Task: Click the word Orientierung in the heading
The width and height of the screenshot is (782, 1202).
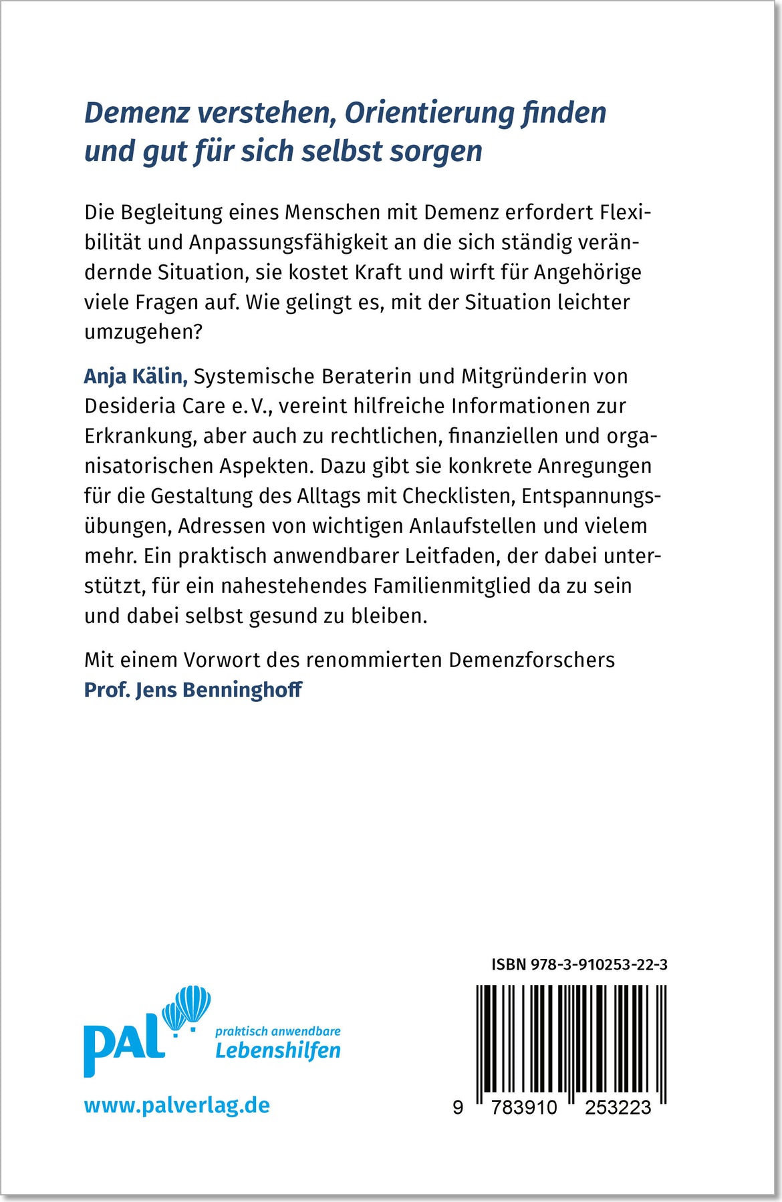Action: (428, 113)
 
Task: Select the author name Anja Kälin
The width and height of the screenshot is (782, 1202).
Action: (136, 377)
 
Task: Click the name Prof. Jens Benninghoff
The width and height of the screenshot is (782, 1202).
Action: (193, 690)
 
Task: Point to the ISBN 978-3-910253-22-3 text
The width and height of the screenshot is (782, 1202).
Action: (579, 964)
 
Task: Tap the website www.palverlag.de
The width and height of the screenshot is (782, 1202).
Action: (177, 1105)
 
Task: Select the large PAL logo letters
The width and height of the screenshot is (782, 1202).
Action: (124, 1045)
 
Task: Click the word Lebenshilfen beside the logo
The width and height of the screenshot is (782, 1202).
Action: (278, 1051)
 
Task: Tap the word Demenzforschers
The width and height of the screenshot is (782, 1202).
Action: (532, 660)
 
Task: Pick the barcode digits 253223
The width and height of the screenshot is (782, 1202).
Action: (618, 1108)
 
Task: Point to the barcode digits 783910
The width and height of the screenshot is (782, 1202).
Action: (524, 1108)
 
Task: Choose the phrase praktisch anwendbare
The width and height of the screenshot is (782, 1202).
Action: (278, 1031)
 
